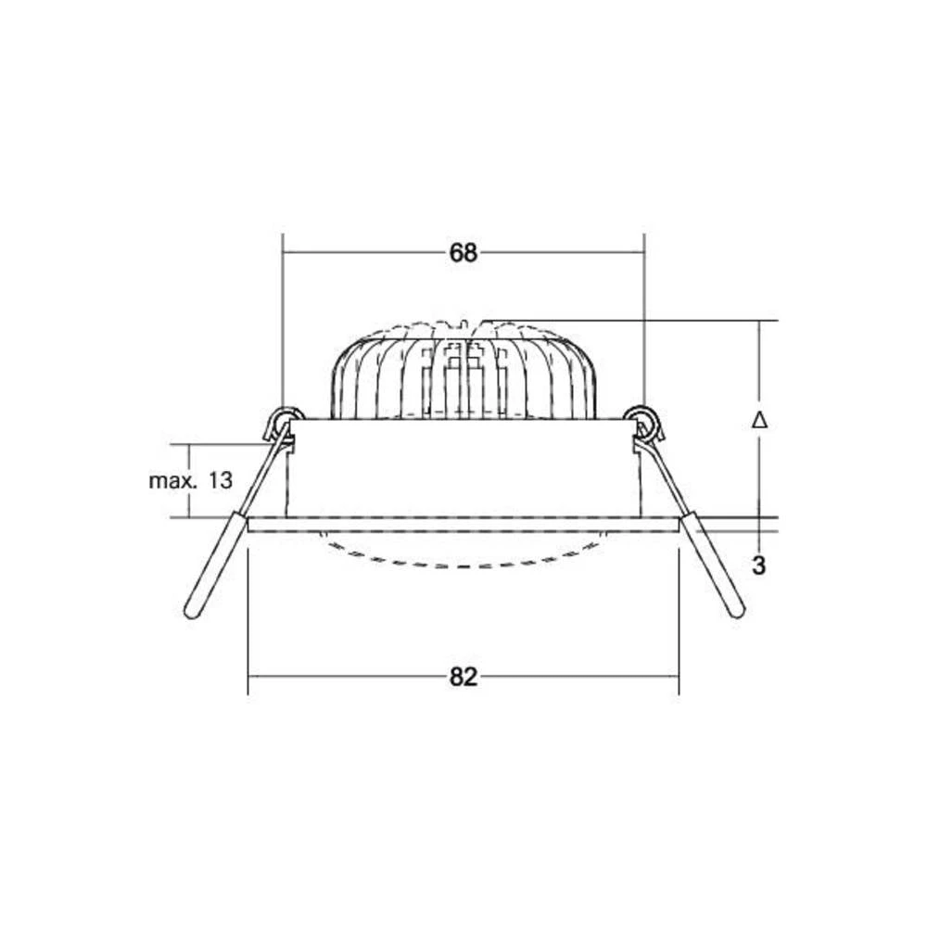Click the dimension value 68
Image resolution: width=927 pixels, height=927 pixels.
click(463, 252)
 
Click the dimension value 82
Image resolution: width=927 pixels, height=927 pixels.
click(463, 678)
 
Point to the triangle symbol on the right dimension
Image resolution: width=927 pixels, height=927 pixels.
click(759, 420)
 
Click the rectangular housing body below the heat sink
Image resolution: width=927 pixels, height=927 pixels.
click(463, 468)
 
